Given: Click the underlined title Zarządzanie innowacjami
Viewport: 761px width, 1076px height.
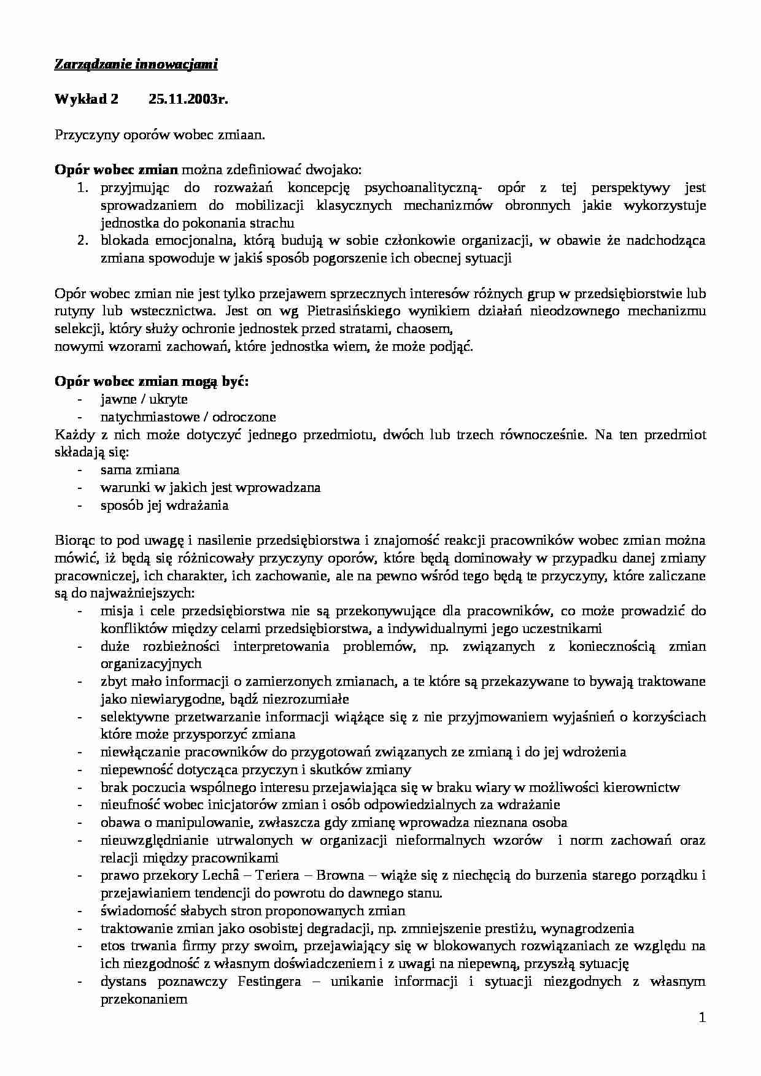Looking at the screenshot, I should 136,64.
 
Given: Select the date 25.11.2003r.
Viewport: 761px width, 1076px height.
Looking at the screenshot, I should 188,100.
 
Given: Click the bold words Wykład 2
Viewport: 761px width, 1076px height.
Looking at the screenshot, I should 86,100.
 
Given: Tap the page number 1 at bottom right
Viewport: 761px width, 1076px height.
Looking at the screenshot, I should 702,1018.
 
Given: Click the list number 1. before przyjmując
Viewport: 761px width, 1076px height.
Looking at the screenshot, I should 84,188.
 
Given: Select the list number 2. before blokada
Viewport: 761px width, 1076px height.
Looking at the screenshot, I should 84,240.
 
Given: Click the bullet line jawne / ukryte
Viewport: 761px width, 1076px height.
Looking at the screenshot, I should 144,399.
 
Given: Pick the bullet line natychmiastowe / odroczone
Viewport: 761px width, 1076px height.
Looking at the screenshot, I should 188,417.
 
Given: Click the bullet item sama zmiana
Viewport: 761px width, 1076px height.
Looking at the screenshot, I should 140,470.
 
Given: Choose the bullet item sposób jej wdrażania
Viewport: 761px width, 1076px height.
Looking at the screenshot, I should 164,505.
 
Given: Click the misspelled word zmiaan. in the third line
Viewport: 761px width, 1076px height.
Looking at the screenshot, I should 242,135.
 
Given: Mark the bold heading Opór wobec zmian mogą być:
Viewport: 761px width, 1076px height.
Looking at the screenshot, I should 152,382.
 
